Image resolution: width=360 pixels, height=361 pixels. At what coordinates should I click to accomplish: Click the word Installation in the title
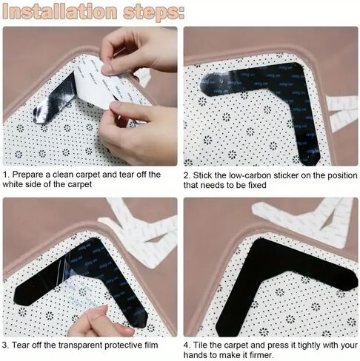(x=59, y=11)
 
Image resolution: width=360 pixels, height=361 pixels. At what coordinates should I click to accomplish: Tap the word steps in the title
(x=153, y=12)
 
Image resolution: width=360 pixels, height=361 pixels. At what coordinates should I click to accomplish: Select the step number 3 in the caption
(x=5, y=345)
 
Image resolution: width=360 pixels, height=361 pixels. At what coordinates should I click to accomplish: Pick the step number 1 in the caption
(x=5, y=175)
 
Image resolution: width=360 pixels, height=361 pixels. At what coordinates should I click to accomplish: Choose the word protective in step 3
(x=122, y=345)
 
